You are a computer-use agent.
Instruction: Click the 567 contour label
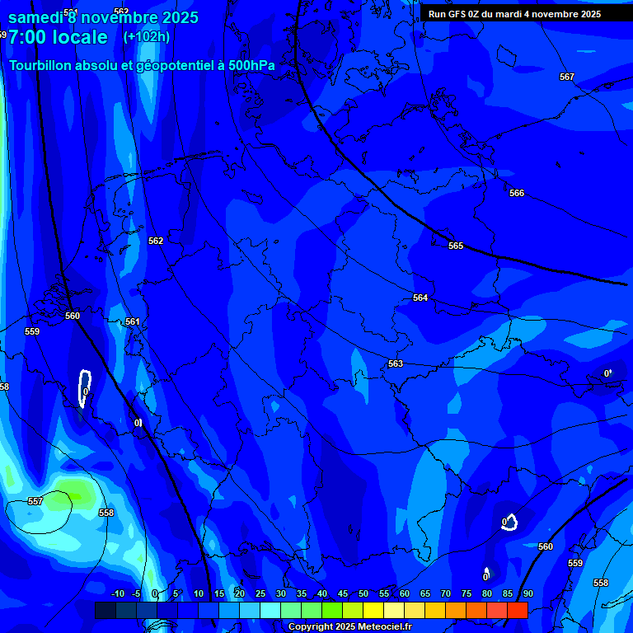(x=566, y=77)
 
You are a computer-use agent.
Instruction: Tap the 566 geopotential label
(x=516, y=193)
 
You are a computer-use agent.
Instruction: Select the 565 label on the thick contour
(x=456, y=246)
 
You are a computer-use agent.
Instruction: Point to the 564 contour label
(x=420, y=298)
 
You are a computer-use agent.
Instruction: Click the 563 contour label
(x=396, y=363)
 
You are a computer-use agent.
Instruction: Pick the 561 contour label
(x=133, y=321)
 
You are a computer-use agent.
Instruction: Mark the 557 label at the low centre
(x=35, y=501)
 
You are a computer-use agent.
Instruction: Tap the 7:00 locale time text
(x=58, y=37)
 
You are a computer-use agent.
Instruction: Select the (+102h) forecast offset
(x=146, y=37)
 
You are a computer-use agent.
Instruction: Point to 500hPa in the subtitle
(x=249, y=65)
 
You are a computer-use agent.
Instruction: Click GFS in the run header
(x=457, y=14)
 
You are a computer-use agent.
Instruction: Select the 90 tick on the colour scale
(x=527, y=593)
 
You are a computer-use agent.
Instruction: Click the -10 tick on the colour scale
(x=117, y=593)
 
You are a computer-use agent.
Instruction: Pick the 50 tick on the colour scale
(x=363, y=593)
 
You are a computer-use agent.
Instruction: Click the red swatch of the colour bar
(x=517, y=610)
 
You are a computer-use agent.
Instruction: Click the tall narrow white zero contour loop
(x=83, y=387)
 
